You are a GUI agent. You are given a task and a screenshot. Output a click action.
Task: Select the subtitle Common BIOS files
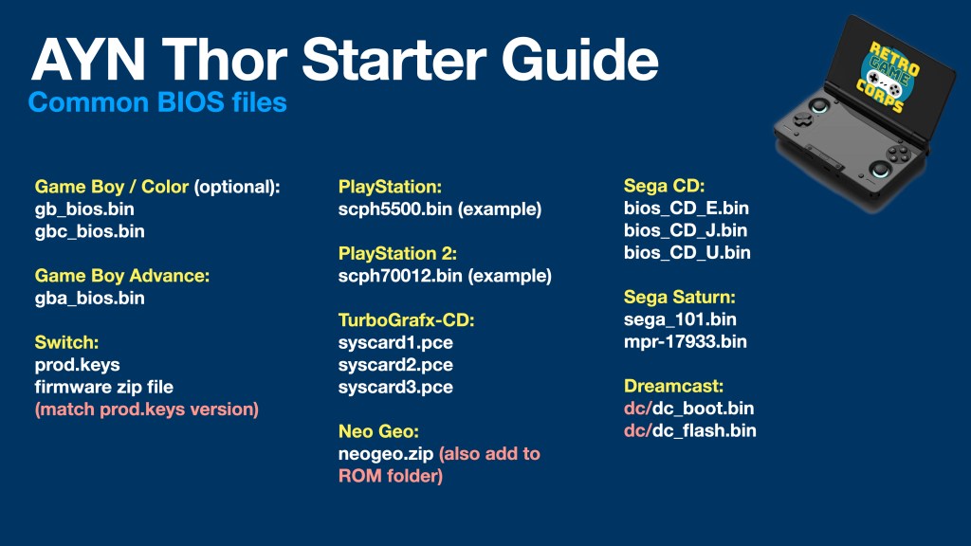tap(157, 102)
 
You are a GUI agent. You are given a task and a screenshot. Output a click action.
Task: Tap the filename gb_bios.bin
tap(84, 209)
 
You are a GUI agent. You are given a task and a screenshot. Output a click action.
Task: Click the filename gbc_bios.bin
tap(90, 231)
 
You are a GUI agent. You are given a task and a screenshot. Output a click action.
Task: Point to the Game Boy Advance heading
tap(122, 276)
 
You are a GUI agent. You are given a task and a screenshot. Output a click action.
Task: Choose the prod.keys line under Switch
tap(78, 365)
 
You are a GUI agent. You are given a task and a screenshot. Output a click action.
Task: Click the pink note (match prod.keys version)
tap(147, 409)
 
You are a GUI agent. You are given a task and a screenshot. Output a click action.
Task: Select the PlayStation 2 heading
tap(397, 254)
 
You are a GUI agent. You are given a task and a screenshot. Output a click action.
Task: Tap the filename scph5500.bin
tap(395, 209)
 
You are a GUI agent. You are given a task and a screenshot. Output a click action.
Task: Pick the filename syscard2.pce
tap(395, 365)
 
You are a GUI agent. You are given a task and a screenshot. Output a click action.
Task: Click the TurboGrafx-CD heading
tap(406, 320)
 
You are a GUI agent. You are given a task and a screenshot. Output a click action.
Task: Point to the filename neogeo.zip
tap(386, 454)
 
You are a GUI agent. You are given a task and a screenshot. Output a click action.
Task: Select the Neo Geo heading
tap(378, 431)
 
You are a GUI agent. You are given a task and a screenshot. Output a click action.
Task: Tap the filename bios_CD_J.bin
tap(686, 230)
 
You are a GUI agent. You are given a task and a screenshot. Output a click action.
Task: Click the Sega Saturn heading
tap(679, 297)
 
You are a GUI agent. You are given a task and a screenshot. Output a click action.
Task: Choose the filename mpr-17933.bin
tap(685, 341)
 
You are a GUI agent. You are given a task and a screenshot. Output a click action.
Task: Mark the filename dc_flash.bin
tap(705, 431)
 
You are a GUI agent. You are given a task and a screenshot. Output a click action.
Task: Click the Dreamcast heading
tap(673, 387)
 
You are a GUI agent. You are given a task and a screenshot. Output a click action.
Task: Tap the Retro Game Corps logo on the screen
tap(888, 77)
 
